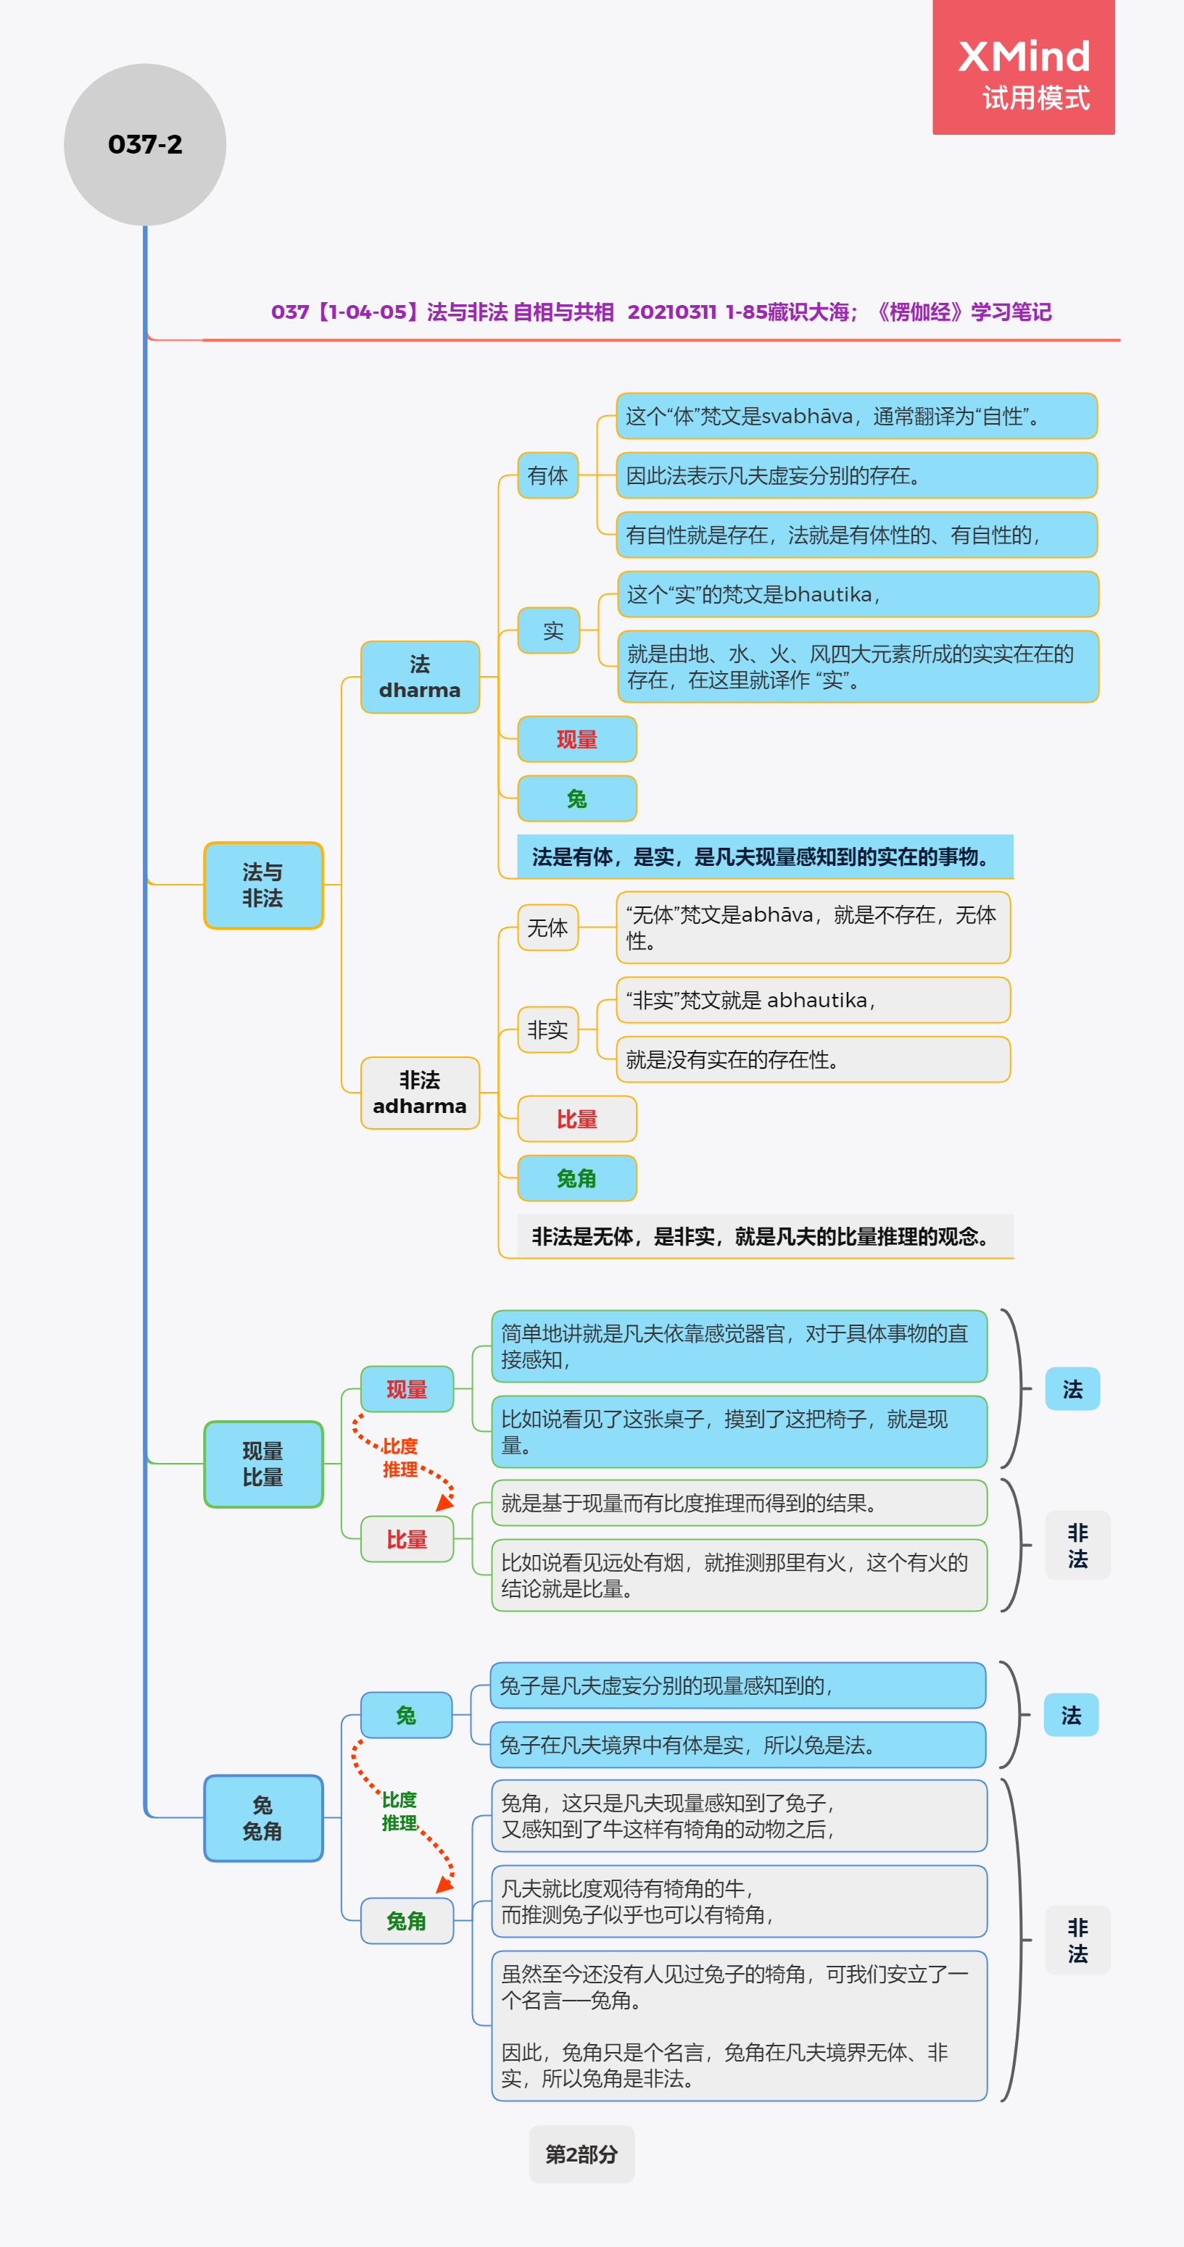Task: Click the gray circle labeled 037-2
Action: pyautogui.click(x=145, y=144)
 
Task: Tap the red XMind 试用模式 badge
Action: pyautogui.click(x=1024, y=67)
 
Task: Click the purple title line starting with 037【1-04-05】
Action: pyautogui.click(x=661, y=312)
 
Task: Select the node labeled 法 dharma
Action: pyautogui.click(x=420, y=677)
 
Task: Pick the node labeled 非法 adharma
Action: pyautogui.click(x=420, y=1093)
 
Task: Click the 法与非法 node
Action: pyautogui.click(x=262, y=885)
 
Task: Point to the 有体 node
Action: pyautogui.click(x=548, y=475)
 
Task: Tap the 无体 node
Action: pyautogui.click(x=548, y=927)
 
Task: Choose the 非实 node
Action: pyautogui.click(x=548, y=1030)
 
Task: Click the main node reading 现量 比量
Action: pyautogui.click(x=262, y=1464)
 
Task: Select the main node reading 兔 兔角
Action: pyautogui.click(x=262, y=1818)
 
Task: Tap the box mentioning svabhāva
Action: pyautogui.click(x=856, y=416)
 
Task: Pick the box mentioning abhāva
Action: pyautogui.click(x=814, y=927)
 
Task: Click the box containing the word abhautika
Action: pyautogui.click(x=814, y=1000)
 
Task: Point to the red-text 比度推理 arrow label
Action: pyautogui.click(x=400, y=1458)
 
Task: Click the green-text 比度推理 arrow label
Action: pyautogui.click(x=400, y=1812)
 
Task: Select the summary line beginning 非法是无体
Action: pyautogui.click(x=765, y=1236)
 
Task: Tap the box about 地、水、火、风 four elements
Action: pyautogui.click(x=858, y=667)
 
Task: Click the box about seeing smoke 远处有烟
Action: pyautogui.click(x=739, y=1575)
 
